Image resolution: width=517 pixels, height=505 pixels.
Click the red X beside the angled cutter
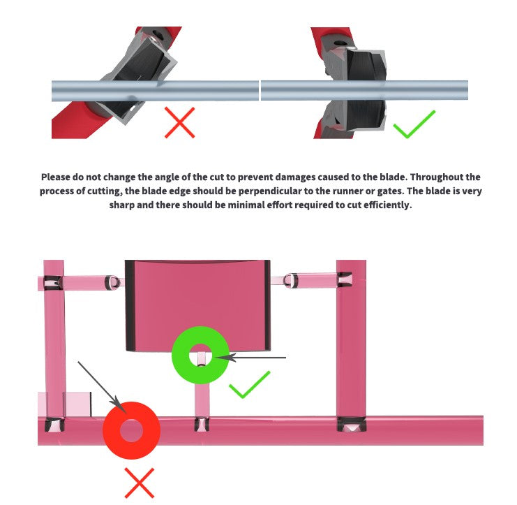180,122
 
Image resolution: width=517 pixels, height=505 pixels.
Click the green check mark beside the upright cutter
414,124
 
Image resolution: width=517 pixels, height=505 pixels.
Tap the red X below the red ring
140,483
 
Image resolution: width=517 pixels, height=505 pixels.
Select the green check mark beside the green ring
250,385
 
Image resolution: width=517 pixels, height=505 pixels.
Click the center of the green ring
200,355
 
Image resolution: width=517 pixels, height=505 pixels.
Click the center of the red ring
132,430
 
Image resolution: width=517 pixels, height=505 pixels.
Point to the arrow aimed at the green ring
250,357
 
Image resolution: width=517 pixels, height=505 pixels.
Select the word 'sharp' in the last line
121,205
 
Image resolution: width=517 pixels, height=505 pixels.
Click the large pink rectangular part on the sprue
198,305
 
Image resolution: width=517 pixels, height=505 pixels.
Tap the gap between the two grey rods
260,90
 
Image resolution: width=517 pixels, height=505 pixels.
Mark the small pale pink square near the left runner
79,404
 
